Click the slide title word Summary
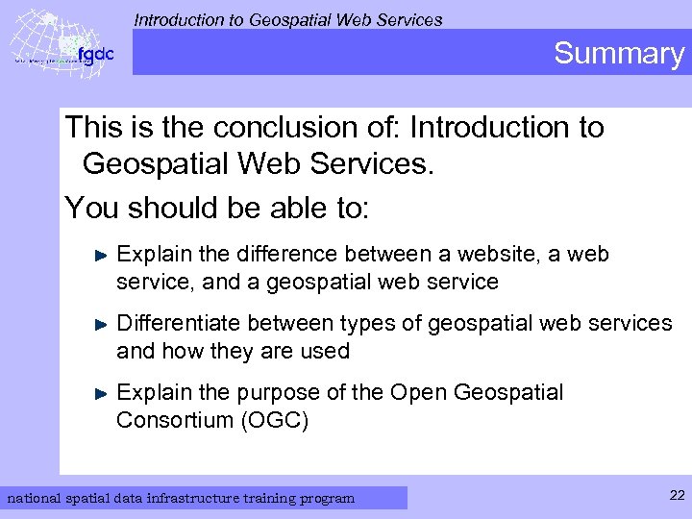click(618, 53)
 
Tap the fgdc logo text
click(95, 54)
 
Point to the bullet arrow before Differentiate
click(103, 324)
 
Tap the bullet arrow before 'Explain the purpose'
click(103, 393)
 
